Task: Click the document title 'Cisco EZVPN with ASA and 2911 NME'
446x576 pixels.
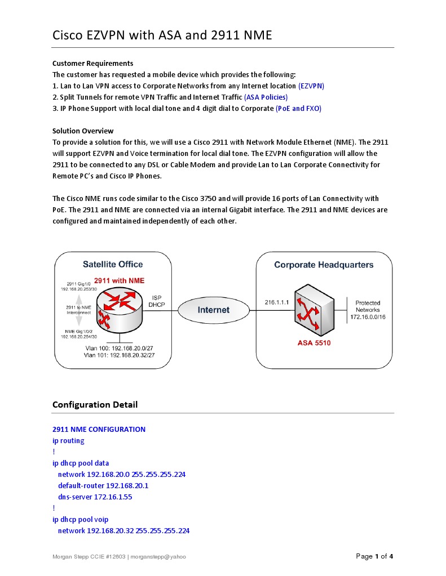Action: (x=162, y=35)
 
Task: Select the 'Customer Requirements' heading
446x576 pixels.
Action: (x=93, y=63)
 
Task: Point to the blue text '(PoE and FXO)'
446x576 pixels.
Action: (x=298, y=108)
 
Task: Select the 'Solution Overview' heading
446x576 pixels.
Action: (x=83, y=131)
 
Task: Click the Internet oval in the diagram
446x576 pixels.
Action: (x=213, y=310)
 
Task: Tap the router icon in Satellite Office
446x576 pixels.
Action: (x=119, y=309)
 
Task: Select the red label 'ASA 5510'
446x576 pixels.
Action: (x=314, y=343)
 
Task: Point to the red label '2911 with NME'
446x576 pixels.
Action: (x=119, y=280)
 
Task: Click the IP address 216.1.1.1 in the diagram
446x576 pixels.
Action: (x=277, y=302)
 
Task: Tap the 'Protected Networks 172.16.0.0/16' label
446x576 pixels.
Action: (x=368, y=310)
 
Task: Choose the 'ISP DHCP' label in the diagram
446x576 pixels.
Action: (x=156, y=301)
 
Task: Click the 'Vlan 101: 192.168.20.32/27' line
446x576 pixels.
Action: (x=119, y=356)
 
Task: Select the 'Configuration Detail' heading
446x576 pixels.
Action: (x=95, y=404)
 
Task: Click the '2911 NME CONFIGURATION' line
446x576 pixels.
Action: (x=99, y=429)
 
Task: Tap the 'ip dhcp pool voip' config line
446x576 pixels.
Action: (x=80, y=519)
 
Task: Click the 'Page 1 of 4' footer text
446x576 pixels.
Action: (x=374, y=556)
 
